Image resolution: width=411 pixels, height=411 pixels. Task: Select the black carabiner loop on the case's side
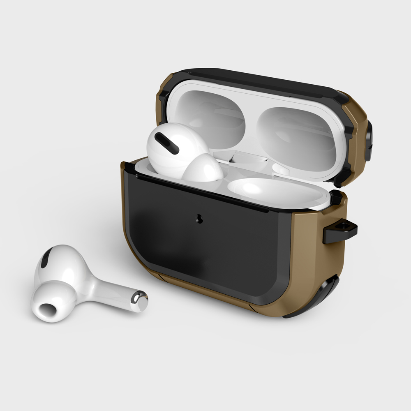click(340, 231)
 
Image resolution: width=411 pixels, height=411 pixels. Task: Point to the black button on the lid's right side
click(369, 142)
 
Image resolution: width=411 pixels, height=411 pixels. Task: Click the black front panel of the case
click(205, 247)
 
